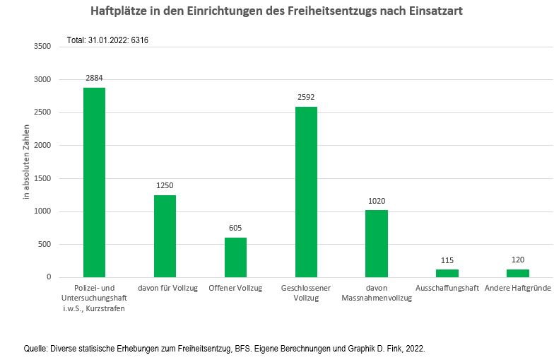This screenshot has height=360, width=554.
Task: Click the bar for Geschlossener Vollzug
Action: coord(306,192)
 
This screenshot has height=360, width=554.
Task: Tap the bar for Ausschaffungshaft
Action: coord(447,273)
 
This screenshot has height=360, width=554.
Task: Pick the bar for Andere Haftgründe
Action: coord(517,273)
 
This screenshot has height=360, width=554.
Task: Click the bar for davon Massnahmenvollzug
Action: coord(377,243)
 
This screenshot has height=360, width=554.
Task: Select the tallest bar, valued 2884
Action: coord(95,182)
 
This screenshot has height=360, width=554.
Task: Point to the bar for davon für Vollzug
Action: coord(165,236)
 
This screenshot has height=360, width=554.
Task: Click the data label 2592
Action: coord(306,98)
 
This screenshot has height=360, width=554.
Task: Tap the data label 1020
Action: coord(377,201)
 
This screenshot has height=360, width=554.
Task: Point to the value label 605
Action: coord(235,228)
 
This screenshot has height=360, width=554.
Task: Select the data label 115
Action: coord(447,260)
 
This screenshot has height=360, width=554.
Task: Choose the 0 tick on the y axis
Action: coord(49,277)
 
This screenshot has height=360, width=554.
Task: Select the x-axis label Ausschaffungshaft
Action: coord(447,288)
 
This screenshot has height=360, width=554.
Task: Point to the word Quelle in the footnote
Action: coord(36,348)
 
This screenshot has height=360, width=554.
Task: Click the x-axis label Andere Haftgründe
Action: coord(517,288)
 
